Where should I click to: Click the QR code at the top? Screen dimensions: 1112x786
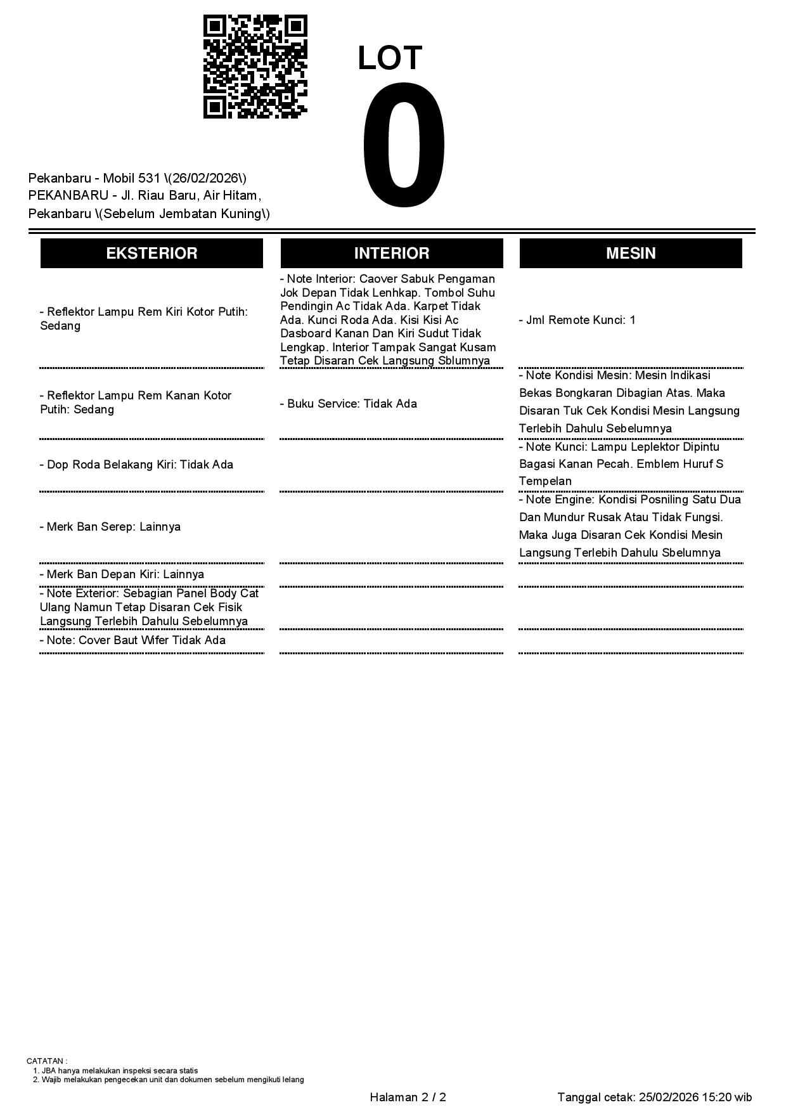coord(255,67)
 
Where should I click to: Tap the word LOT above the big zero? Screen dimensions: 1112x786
coord(390,58)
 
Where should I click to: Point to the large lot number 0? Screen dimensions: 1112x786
coord(404,146)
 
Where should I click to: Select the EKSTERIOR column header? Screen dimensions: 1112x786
coord(151,253)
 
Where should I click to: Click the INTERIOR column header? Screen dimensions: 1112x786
coord(392,253)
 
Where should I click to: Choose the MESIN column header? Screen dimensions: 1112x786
coord(631,253)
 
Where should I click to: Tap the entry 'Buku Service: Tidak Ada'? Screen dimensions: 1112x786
coord(349,404)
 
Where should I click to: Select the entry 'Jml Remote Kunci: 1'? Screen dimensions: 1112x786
coord(577,320)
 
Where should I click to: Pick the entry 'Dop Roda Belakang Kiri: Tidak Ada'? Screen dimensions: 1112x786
coord(136,465)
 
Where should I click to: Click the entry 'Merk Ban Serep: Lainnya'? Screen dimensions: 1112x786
coord(110,527)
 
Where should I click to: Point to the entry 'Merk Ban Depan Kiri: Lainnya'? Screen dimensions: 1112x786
coord(122,574)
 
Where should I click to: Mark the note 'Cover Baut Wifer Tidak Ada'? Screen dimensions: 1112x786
coord(132,640)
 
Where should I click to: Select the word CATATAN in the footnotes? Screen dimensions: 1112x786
coord(45,1061)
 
